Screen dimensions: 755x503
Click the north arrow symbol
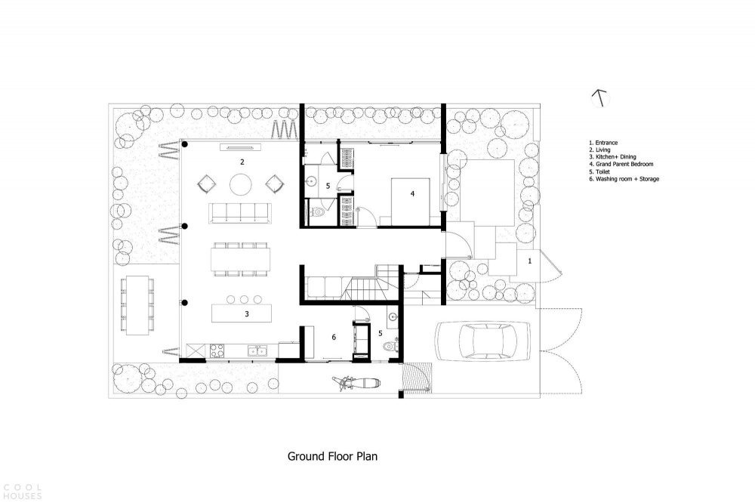pos(600,98)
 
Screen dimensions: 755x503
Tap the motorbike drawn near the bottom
pos(356,383)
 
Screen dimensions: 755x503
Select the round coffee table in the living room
pos(241,184)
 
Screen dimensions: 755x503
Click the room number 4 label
pos(412,193)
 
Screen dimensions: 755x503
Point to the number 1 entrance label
pos(530,261)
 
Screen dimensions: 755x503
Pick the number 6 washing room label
pos(334,338)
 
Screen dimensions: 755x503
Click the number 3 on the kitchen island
pos(247,314)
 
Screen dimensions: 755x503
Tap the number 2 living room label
pos(242,162)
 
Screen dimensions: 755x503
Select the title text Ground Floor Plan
pos(332,456)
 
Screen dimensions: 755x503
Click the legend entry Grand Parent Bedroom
pos(621,165)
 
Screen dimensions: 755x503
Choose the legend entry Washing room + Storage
pos(624,179)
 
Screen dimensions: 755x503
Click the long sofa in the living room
pos(240,213)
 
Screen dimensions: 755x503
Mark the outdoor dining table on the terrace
pos(137,305)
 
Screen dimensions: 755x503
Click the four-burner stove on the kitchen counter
pos(216,350)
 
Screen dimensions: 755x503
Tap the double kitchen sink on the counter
pos(257,350)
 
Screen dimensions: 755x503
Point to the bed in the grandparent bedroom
pos(410,202)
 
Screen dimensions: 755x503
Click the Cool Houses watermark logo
pos(22,492)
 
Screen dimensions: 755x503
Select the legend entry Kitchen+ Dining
pos(612,157)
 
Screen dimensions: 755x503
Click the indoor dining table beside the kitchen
pos(241,259)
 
